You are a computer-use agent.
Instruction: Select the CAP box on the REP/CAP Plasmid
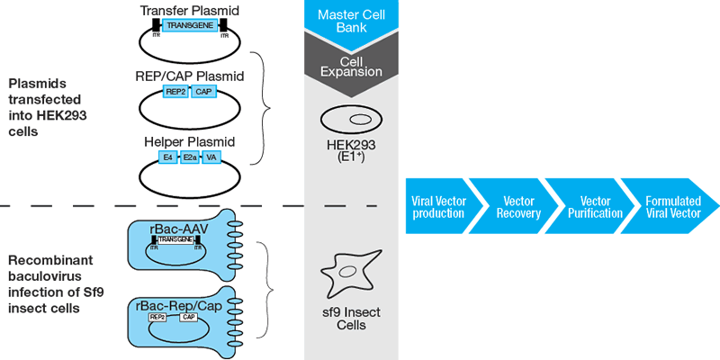tap(203, 92)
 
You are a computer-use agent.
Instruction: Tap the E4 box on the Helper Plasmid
tap(166, 157)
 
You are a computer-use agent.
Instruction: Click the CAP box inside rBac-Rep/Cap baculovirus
tap(190, 317)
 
